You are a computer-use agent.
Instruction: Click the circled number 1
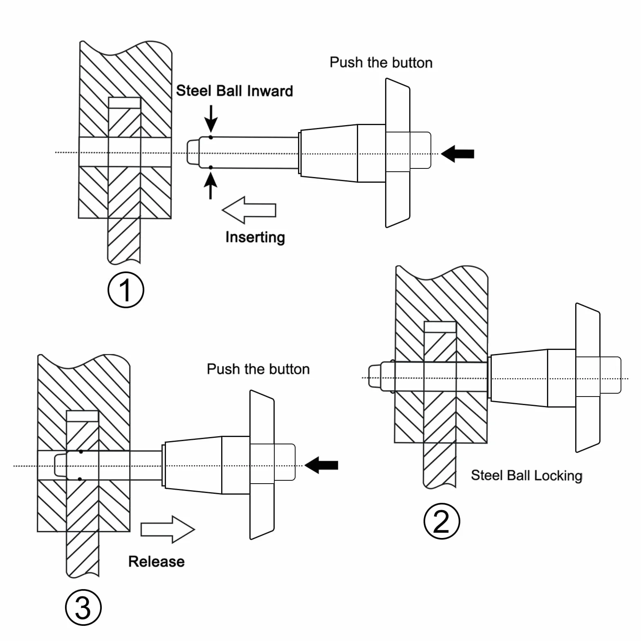pyautogui.click(x=126, y=290)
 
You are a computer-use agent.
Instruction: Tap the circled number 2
pyautogui.click(x=442, y=521)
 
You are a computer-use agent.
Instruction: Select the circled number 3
pyautogui.click(x=83, y=607)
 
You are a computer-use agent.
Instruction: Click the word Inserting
pyautogui.click(x=255, y=237)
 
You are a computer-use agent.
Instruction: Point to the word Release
pyautogui.click(x=156, y=561)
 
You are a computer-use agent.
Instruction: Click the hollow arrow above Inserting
pyautogui.click(x=249, y=210)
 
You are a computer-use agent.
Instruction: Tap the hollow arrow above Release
pyautogui.click(x=168, y=529)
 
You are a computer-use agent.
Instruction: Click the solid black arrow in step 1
pyautogui.click(x=458, y=154)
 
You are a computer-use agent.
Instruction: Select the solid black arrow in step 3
pyautogui.click(x=322, y=465)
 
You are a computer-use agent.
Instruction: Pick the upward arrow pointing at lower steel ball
pyautogui.click(x=211, y=185)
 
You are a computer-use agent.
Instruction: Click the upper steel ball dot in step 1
pyautogui.click(x=211, y=137)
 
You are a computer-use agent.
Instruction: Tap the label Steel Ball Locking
pyautogui.click(x=527, y=475)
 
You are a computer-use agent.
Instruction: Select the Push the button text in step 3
pyautogui.click(x=258, y=369)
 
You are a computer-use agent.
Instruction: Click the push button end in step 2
pyautogui.click(x=610, y=375)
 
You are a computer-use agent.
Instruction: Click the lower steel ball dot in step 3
pyautogui.click(x=80, y=479)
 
